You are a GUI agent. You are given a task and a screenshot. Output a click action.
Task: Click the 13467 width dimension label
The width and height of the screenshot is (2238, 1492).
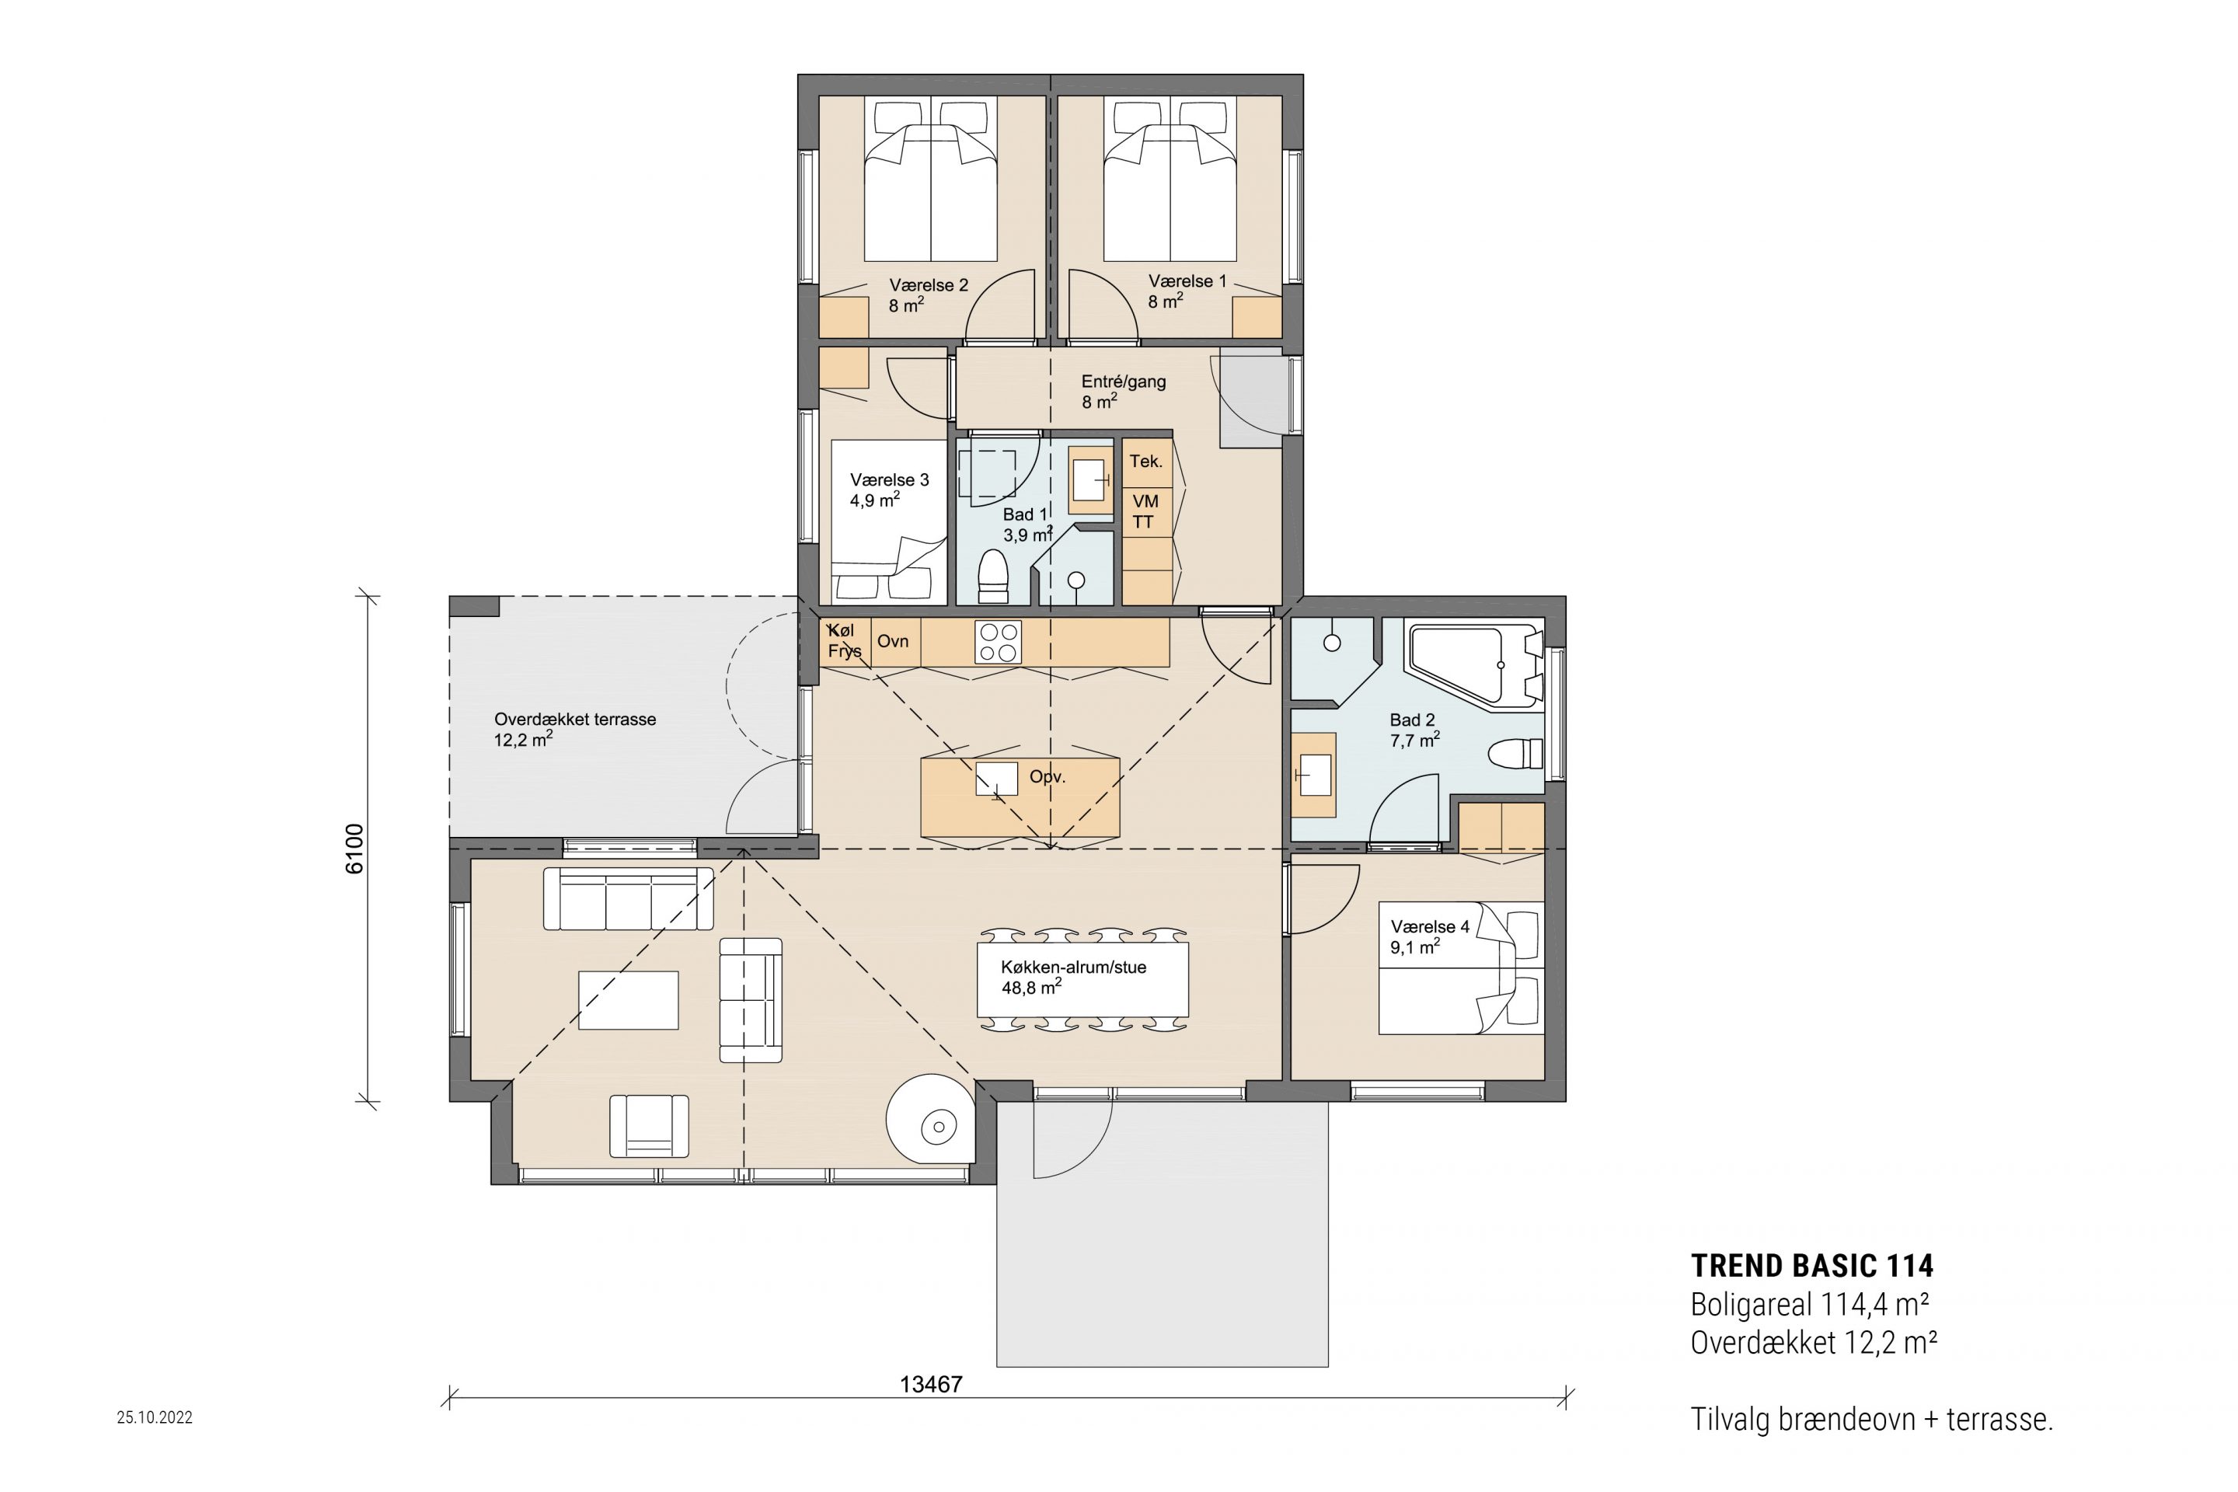pyautogui.click(x=931, y=1385)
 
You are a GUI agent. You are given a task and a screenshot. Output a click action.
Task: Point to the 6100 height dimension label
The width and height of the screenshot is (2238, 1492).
pyautogui.click(x=354, y=849)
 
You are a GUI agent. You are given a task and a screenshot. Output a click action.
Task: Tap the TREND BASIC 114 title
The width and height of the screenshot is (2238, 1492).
pyautogui.click(x=1811, y=1266)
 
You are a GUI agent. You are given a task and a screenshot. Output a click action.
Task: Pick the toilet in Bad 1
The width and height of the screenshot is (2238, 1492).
pyautogui.click(x=992, y=576)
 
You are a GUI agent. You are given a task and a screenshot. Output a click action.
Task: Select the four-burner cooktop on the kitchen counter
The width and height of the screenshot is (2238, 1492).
pyautogui.click(x=998, y=641)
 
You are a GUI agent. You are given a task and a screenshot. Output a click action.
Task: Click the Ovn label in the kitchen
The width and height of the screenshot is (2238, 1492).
pyautogui.click(x=893, y=641)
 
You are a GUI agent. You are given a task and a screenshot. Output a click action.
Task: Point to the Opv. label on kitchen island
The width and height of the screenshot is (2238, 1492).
pyautogui.click(x=1047, y=777)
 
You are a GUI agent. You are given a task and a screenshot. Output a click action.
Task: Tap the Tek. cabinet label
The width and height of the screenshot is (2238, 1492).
pyautogui.click(x=1145, y=462)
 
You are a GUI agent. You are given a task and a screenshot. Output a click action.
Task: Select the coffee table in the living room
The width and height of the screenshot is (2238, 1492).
pyautogui.click(x=628, y=1000)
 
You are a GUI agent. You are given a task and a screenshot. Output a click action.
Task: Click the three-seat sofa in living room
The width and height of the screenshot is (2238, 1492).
pyautogui.click(x=628, y=898)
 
